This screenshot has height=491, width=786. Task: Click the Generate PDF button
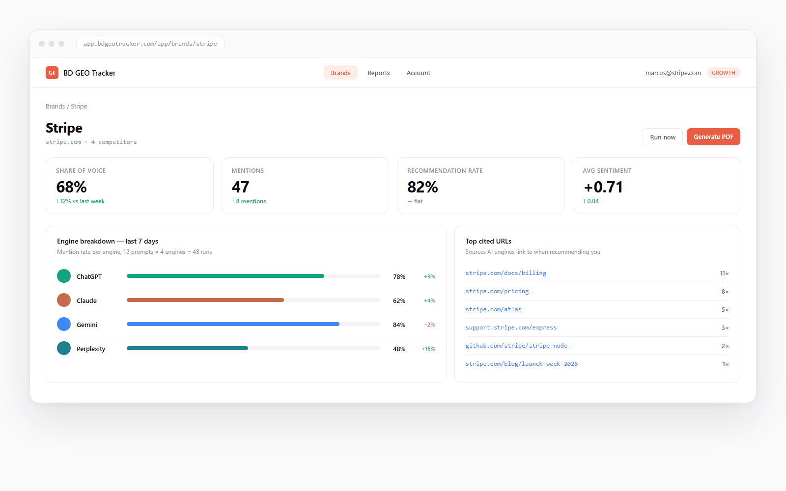[713, 137]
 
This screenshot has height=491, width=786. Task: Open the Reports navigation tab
[378, 73]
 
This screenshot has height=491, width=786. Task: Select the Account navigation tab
[418, 73]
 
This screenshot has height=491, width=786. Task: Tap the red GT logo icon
[52, 73]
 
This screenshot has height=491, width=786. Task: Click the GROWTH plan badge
[723, 73]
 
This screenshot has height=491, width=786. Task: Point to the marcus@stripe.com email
[673, 73]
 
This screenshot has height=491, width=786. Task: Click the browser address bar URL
[150, 44]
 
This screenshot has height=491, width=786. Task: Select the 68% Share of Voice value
[71, 187]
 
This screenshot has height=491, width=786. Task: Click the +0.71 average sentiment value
[603, 187]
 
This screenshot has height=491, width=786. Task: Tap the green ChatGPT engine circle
[64, 276]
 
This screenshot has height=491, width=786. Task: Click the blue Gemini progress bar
[233, 324]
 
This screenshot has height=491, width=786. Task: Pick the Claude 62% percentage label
[399, 300]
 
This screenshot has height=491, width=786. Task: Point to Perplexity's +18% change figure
[428, 349]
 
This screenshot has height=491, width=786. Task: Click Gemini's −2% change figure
[429, 325]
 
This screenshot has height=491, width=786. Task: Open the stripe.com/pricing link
[497, 291]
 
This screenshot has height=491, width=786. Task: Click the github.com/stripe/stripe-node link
[516, 346]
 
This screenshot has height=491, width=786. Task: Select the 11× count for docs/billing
[724, 273]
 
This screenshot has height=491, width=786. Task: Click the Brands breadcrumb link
[55, 106]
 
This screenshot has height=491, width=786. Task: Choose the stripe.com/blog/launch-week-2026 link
[521, 364]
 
